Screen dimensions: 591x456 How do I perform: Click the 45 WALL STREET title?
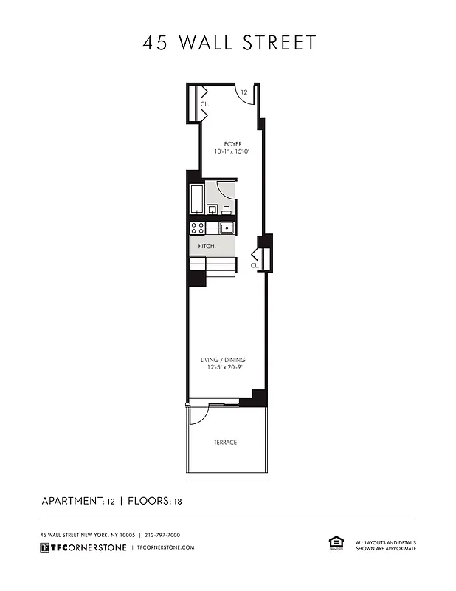[229, 43]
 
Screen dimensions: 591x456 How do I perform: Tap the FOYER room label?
[232, 144]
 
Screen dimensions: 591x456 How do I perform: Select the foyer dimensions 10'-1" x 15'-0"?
[232, 152]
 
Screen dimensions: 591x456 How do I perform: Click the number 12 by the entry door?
[243, 92]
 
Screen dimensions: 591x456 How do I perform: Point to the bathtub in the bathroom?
[197, 199]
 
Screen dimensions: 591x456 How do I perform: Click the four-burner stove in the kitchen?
[197, 228]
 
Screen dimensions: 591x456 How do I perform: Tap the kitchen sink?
[226, 228]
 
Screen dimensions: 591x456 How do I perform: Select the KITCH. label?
[207, 246]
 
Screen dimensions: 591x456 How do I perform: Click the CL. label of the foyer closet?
[204, 105]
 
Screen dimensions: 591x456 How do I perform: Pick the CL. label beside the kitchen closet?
[255, 265]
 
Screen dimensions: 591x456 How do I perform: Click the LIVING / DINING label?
[223, 360]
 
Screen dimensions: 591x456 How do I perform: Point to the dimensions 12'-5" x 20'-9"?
[223, 368]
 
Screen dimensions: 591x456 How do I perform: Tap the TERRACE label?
[225, 443]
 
